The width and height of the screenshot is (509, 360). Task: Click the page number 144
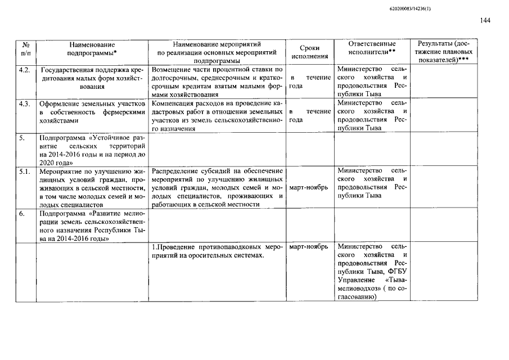click(x=485, y=21)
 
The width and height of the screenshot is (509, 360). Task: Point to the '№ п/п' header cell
click(x=25, y=48)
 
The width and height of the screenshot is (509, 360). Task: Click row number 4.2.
click(x=24, y=70)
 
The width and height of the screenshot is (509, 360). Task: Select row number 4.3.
click(x=24, y=104)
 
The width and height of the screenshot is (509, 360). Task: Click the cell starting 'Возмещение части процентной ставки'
click(x=217, y=82)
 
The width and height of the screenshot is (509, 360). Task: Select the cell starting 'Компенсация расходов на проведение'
click(x=217, y=116)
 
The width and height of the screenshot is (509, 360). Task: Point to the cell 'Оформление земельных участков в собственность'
click(x=92, y=112)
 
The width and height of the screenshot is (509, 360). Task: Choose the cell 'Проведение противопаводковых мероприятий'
click(x=217, y=251)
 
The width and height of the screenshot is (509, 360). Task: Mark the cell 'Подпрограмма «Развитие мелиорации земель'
click(x=92, y=226)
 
